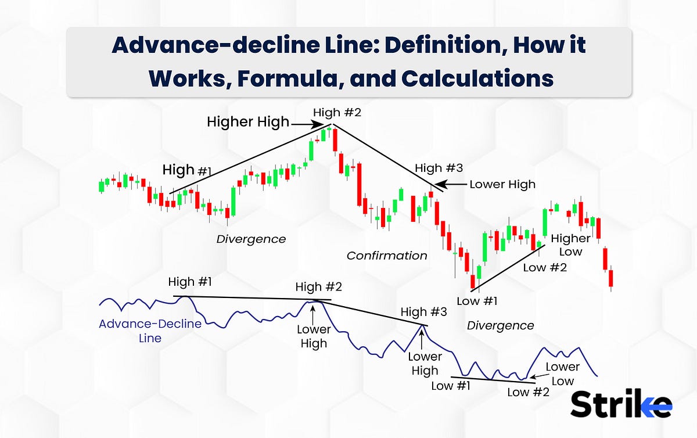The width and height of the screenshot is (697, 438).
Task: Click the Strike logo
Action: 621,404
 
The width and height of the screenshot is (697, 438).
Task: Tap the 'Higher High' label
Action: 248,122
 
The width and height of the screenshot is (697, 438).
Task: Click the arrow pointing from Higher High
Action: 307,123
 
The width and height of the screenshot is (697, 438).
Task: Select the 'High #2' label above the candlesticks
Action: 337,112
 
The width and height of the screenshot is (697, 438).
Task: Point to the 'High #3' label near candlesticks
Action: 439,168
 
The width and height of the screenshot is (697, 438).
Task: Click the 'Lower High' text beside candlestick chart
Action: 502,184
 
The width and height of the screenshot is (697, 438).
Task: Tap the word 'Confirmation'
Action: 387,256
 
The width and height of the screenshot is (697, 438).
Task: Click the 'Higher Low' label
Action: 571,245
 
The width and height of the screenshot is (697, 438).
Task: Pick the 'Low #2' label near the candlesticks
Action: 544,268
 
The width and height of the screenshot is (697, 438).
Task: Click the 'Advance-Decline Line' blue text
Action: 150,331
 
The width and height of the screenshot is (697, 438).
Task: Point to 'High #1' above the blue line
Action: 190,282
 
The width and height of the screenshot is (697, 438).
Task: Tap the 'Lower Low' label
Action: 562,374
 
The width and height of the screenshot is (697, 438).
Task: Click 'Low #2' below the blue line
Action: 528,392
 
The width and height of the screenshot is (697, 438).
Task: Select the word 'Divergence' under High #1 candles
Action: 251,239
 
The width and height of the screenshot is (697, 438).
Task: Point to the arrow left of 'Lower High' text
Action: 457,184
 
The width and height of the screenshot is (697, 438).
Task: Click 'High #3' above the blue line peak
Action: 424,313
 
